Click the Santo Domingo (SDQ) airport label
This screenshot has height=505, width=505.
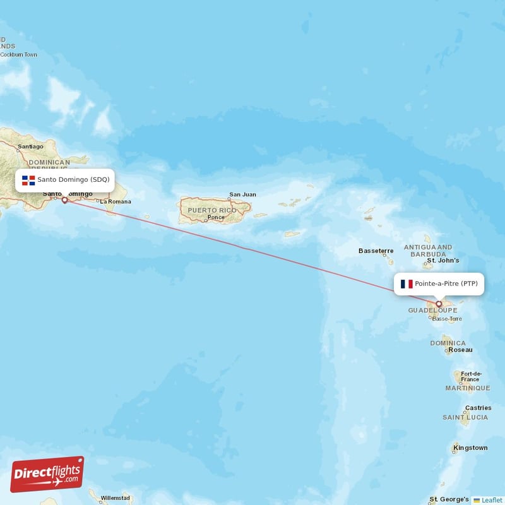73,180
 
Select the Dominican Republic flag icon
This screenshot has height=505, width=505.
28,180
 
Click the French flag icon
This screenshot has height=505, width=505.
407,284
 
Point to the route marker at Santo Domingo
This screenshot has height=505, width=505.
64,200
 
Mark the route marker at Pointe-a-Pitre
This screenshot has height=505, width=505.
439,304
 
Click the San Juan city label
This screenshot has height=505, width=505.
242,194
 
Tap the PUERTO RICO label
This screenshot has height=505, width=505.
211,210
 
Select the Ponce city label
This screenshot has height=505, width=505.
215,218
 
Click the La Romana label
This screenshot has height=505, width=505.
116,202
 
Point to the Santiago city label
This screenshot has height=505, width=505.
31,146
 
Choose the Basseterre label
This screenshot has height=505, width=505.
376,251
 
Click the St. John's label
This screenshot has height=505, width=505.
443,260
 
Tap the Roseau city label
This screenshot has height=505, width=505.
460,350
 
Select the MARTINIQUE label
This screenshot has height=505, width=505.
468,388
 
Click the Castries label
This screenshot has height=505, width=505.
478,408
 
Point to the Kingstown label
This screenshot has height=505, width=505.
470,448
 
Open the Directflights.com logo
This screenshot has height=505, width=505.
47,474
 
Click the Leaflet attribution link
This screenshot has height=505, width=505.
492,500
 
